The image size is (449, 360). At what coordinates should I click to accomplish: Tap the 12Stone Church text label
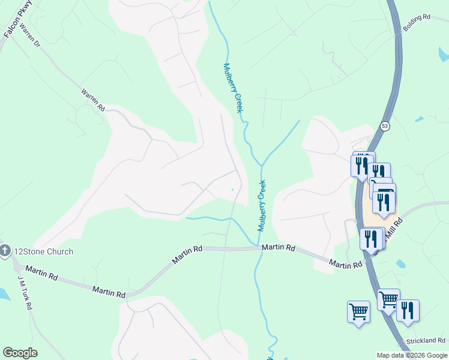click(44, 251)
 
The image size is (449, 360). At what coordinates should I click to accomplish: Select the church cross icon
click(5, 251)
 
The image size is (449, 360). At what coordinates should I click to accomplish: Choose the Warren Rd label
click(93, 100)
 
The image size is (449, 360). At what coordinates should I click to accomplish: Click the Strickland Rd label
click(425, 341)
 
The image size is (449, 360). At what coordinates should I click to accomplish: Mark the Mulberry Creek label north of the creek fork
click(233, 88)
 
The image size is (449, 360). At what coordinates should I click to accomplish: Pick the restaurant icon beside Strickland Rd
click(408, 311)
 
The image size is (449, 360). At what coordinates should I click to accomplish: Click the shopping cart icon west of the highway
click(358, 312)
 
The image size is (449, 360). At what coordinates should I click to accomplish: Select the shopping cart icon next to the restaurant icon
click(388, 298)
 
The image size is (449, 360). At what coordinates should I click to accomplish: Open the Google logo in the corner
click(20, 353)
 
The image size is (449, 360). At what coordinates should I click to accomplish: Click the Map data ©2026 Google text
click(412, 355)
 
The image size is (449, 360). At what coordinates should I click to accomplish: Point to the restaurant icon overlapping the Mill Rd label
click(372, 238)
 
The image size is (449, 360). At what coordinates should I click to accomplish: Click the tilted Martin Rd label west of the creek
click(187, 254)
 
